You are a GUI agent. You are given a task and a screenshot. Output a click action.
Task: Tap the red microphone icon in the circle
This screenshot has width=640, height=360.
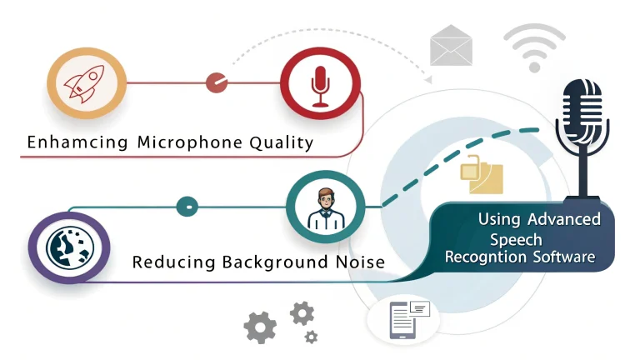click(319, 84)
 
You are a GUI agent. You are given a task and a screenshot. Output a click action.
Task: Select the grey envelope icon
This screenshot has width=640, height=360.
click(451, 46)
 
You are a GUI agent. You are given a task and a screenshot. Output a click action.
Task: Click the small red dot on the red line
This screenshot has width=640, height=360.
click(217, 82)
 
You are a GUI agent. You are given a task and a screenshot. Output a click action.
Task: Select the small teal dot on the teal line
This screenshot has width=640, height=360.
click(187, 205)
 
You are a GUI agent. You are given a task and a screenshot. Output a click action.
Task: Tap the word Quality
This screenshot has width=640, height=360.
click(281, 142)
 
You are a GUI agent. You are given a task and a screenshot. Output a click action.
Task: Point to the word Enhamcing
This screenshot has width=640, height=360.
click(77, 142)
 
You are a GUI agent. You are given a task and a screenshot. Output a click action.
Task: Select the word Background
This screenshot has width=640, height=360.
click(274, 262)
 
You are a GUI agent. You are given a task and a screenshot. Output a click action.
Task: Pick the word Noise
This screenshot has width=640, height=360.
click(359, 262)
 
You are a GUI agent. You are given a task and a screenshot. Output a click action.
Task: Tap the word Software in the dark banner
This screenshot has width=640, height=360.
click(562, 257)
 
